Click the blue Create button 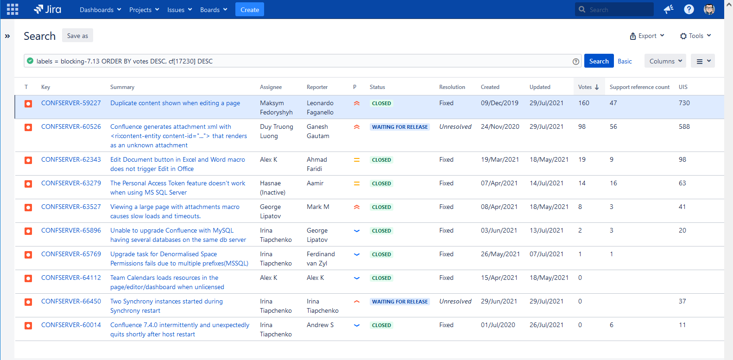tap(250, 9)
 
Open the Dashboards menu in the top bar tap(100, 9)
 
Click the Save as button tap(77, 36)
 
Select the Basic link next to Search tap(625, 61)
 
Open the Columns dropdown tap(665, 61)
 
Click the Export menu tap(647, 36)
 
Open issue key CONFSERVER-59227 tap(71, 103)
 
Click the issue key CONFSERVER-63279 tap(71, 183)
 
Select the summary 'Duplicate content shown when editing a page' tap(175, 103)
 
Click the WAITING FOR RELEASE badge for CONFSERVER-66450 tap(399, 302)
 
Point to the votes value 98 tap(582, 126)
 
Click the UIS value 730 tap(684, 103)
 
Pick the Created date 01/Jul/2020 tap(498, 325)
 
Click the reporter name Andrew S tap(320, 325)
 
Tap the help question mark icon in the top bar tap(689, 9)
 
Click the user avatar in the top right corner tap(709, 9)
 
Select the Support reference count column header tap(639, 87)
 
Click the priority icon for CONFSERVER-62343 tap(357, 160)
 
